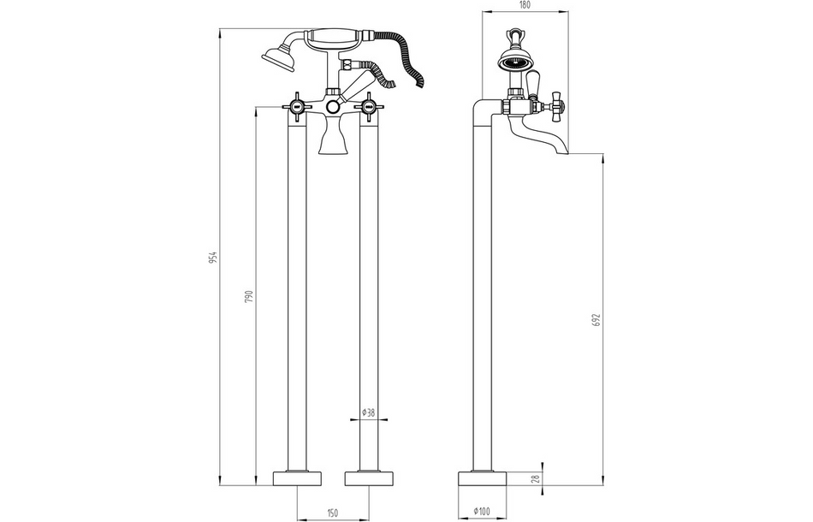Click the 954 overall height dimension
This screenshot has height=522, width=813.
pyautogui.click(x=215, y=257)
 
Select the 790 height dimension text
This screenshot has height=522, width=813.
pyautogui.click(x=249, y=296)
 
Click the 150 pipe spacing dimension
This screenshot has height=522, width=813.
pyautogui.click(x=332, y=513)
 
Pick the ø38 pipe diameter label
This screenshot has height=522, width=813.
pyautogui.click(x=369, y=412)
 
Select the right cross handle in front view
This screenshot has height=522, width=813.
pyautogui.click(x=370, y=107)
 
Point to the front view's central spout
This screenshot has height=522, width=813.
pyautogui.click(x=334, y=137)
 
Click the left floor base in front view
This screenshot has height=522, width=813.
pyautogui.click(x=297, y=478)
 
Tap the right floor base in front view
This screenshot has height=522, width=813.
pyautogui.click(x=370, y=478)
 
